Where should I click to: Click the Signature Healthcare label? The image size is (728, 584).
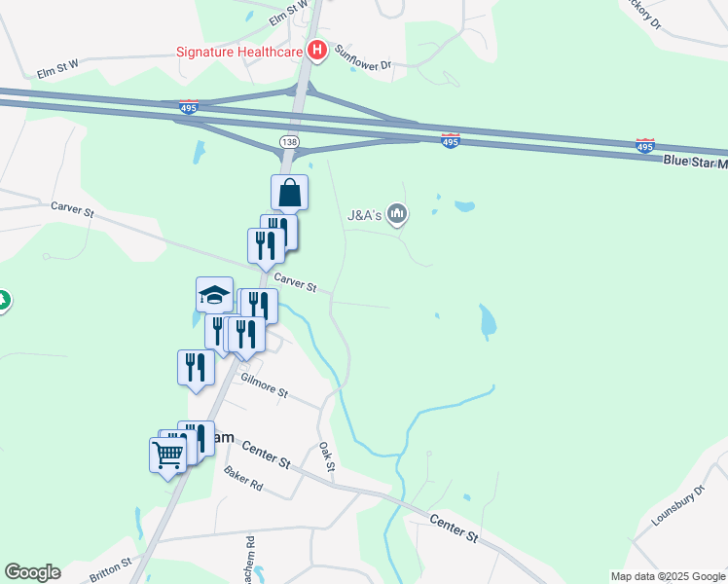pos(238,51)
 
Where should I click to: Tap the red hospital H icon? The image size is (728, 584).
pos(315,50)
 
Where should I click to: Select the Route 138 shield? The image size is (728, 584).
pos(288,142)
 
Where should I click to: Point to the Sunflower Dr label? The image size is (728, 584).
pos(363,59)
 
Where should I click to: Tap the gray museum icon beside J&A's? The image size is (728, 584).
pos(396,213)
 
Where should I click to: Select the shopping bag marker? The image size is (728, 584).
pos(289,193)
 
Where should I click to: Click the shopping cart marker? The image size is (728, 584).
pos(167,454)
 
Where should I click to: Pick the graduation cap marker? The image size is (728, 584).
pos(214,294)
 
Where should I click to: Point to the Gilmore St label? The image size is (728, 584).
pos(265,386)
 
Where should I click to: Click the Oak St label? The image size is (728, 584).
pos(327,459)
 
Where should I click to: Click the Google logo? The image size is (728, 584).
pos(32,572)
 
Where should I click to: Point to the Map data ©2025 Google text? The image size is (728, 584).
pos(668,576)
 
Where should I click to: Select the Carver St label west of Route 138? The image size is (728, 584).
pos(74,209)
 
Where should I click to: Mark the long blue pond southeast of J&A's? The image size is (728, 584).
pos(487,322)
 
